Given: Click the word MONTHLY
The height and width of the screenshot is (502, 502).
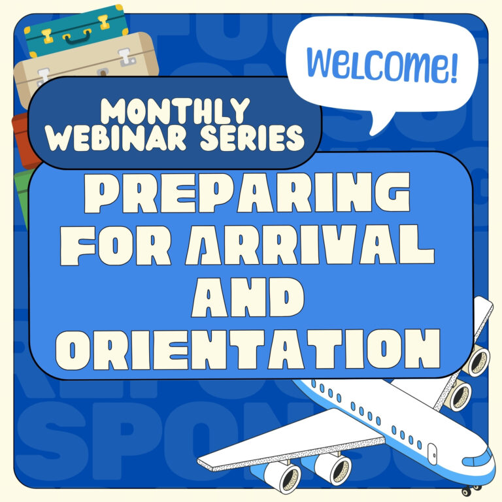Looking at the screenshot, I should (176, 112).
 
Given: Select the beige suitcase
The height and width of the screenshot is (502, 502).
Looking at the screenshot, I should (85, 65).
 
